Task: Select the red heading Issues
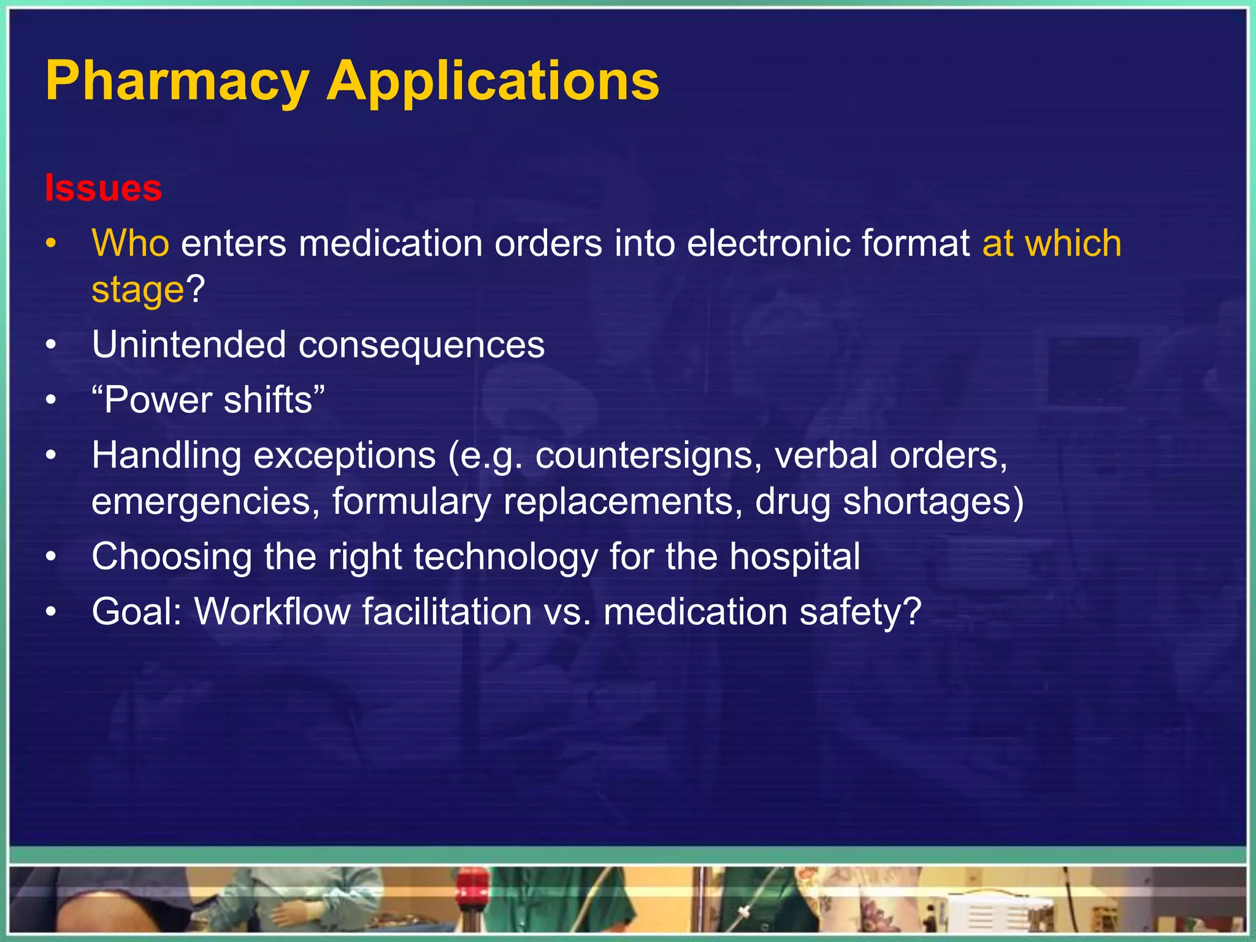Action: pyautogui.click(x=103, y=188)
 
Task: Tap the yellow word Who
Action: pyautogui.click(x=130, y=243)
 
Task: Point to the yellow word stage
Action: pyautogui.click(x=137, y=290)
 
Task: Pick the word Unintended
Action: pyautogui.click(x=189, y=345)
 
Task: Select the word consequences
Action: pyautogui.click(x=421, y=345)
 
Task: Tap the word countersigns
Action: pyautogui.click(x=643, y=456)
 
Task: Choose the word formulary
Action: pyautogui.click(x=412, y=502)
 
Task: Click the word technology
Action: pyautogui.click(x=505, y=557)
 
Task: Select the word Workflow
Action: pyautogui.click(x=272, y=612)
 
